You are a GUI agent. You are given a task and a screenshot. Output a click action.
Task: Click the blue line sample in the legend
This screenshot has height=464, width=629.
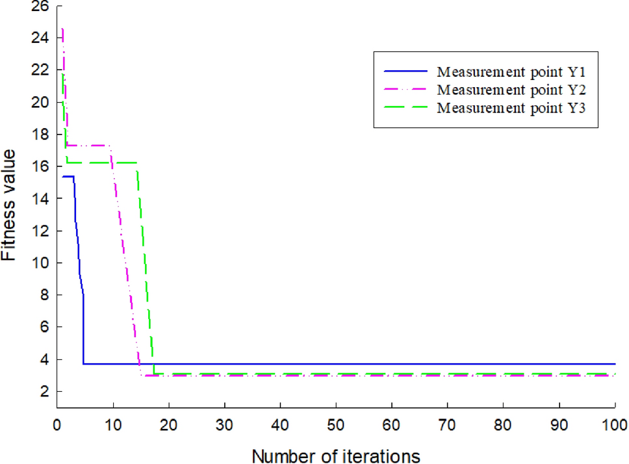(406, 70)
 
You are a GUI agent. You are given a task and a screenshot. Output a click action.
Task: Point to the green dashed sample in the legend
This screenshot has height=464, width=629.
(406, 107)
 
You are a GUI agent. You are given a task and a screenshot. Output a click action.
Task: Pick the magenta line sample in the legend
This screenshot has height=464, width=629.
(406, 88)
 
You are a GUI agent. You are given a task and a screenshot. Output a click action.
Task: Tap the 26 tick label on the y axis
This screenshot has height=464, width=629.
(40, 6)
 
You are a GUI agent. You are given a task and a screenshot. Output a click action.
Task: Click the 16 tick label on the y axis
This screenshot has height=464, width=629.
(40, 167)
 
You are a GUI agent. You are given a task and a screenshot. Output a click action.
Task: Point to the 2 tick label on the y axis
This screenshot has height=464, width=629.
(44, 392)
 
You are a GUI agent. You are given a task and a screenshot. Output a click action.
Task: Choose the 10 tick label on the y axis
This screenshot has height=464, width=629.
(40, 263)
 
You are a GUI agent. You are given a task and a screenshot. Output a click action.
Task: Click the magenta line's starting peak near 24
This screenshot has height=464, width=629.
(62, 30)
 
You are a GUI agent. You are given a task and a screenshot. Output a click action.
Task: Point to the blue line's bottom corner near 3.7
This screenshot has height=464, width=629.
(83, 364)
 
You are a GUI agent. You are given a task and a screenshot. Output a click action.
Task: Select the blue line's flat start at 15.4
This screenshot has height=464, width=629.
(68, 176)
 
